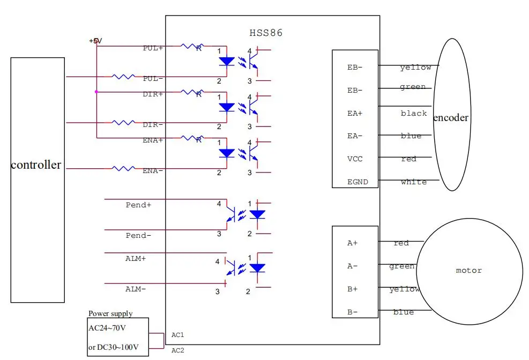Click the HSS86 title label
coord(266,33)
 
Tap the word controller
coord(36,165)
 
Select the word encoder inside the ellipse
coord(451,118)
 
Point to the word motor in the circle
coord(468,271)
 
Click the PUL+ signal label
coord(153,48)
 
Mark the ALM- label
coord(136,289)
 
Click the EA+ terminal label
coord(355,113)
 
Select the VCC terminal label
coord(355,159)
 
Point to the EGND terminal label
coord(357,182)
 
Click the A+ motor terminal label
coord(352,243)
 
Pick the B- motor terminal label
coord(352,312)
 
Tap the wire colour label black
coord(414,114)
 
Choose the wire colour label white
coord(414,182)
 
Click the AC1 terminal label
coord(178,335)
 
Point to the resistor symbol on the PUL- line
coord(123,77)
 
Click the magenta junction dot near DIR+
coord(96,92)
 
